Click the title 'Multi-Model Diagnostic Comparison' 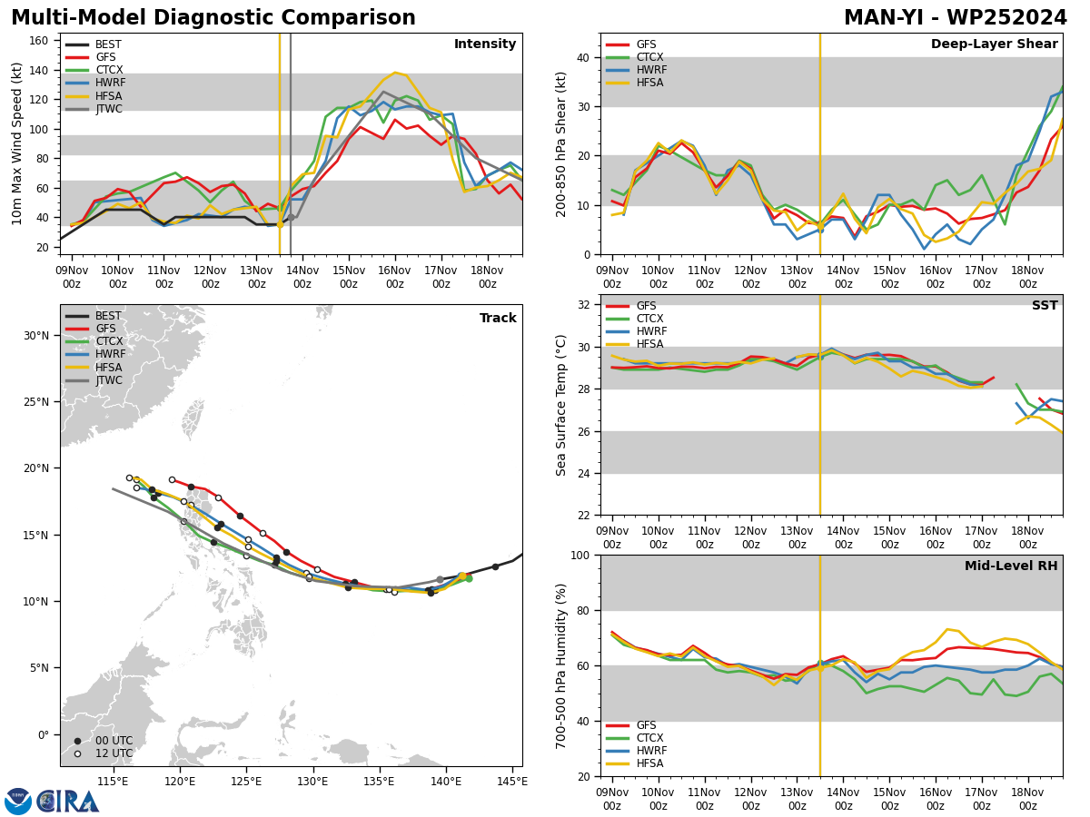tap(213, 17)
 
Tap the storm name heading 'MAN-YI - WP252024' tap(955, 17)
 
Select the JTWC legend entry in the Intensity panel tap(94, 109)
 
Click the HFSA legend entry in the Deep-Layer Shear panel tap(635, 83)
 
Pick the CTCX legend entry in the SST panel tap(635, 319)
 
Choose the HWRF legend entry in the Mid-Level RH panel tap(637, 751)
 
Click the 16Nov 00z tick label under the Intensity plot tap(395, 277)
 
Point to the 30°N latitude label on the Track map tap(36, 336)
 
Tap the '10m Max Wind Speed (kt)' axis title tap(16, 143)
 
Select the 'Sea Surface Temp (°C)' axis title tap(560, 406)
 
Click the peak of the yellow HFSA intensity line tap(395, 73)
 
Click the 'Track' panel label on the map tap(498, 318)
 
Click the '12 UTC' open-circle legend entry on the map tap(104, 753)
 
